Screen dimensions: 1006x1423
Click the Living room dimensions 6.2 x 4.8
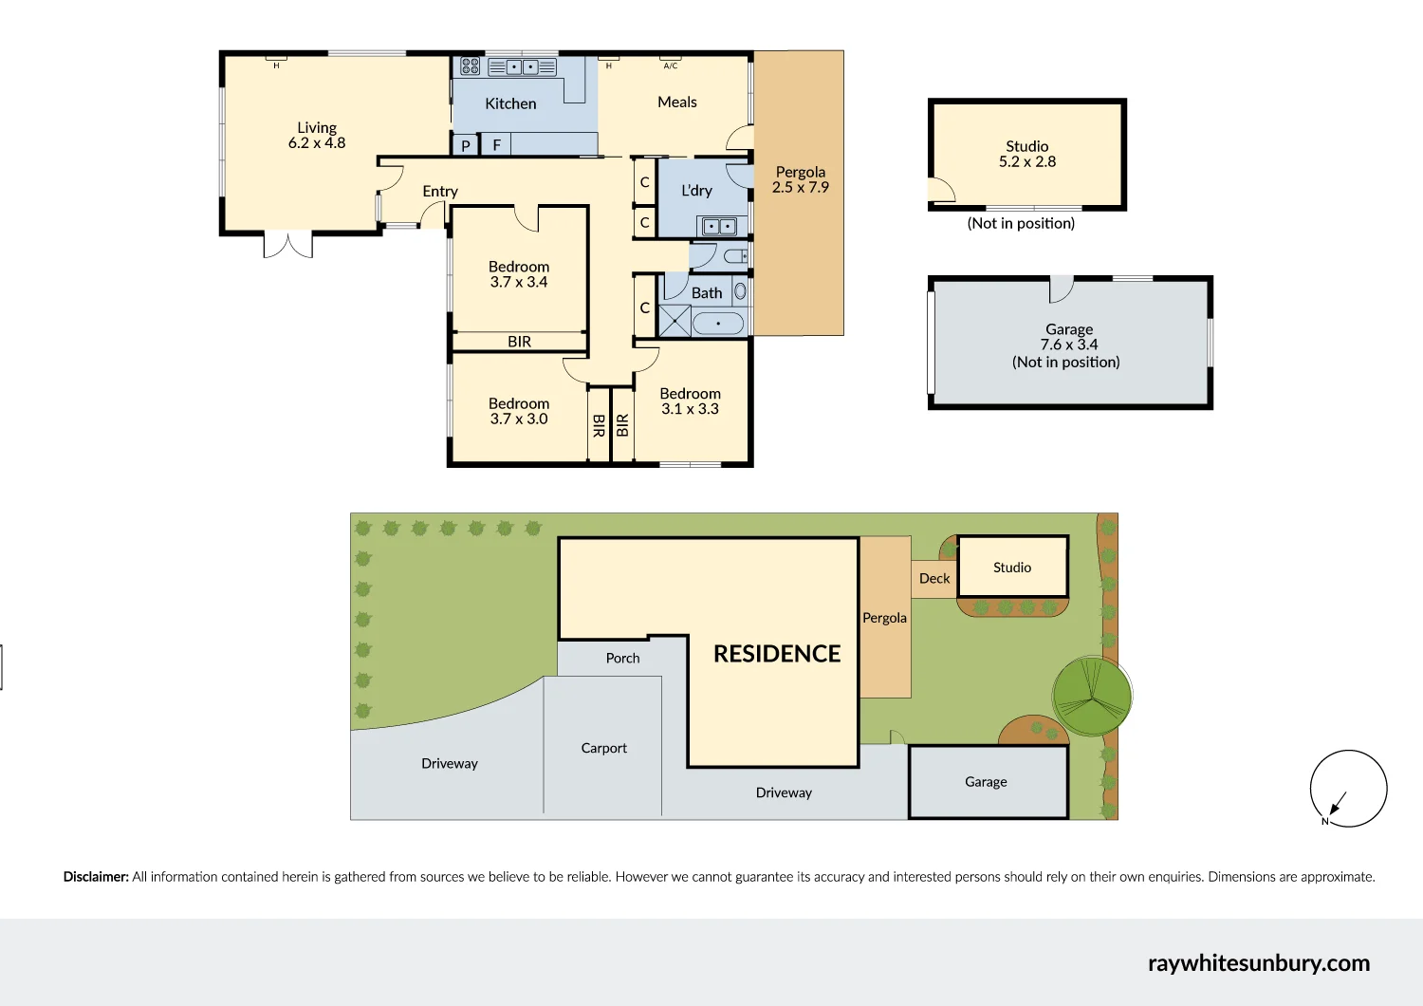coord(317,143)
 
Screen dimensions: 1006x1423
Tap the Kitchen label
coord(510,103)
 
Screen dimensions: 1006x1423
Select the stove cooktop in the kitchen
coord(470,66)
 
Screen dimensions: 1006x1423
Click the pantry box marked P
coord(465,145)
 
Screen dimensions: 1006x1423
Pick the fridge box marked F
coord(496,145)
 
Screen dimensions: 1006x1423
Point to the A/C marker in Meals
coord(671,65)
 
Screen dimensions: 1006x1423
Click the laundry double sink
coord(718,227)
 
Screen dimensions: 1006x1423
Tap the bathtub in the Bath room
coord(718,324)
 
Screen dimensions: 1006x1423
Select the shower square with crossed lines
coord(675,322)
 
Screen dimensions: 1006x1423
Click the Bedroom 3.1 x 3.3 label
coord(690,401)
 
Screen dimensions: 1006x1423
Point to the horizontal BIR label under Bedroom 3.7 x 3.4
coord(519,342)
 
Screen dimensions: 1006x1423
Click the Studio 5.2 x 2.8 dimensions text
coord(1027,161)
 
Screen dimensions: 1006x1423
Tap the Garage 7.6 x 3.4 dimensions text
coord(1069,345)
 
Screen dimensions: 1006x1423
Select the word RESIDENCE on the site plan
coord(777,654)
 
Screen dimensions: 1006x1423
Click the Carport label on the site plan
coord(604,748)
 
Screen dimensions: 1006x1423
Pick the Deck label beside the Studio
coord(934,578)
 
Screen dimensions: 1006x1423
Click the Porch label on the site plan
coord(622,658)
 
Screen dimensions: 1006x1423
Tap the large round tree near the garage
coord(1092,697)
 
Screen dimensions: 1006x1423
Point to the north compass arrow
coord(1338,803)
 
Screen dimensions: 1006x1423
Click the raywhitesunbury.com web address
coord(1258,962)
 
